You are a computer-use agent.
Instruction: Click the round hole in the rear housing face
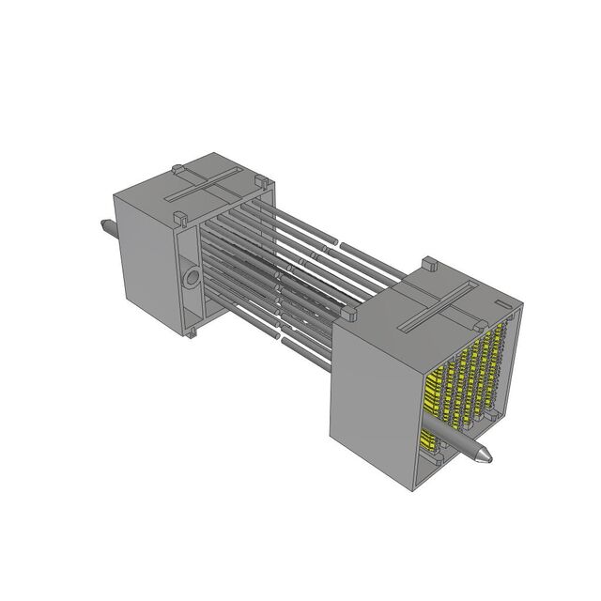point(191,279)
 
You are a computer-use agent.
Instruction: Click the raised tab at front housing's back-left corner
point(351,317)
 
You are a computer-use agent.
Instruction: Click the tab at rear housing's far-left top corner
point(177,170)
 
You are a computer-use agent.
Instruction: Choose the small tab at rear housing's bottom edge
point(193,331)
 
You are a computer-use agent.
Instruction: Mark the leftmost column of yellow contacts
point(434,394)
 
